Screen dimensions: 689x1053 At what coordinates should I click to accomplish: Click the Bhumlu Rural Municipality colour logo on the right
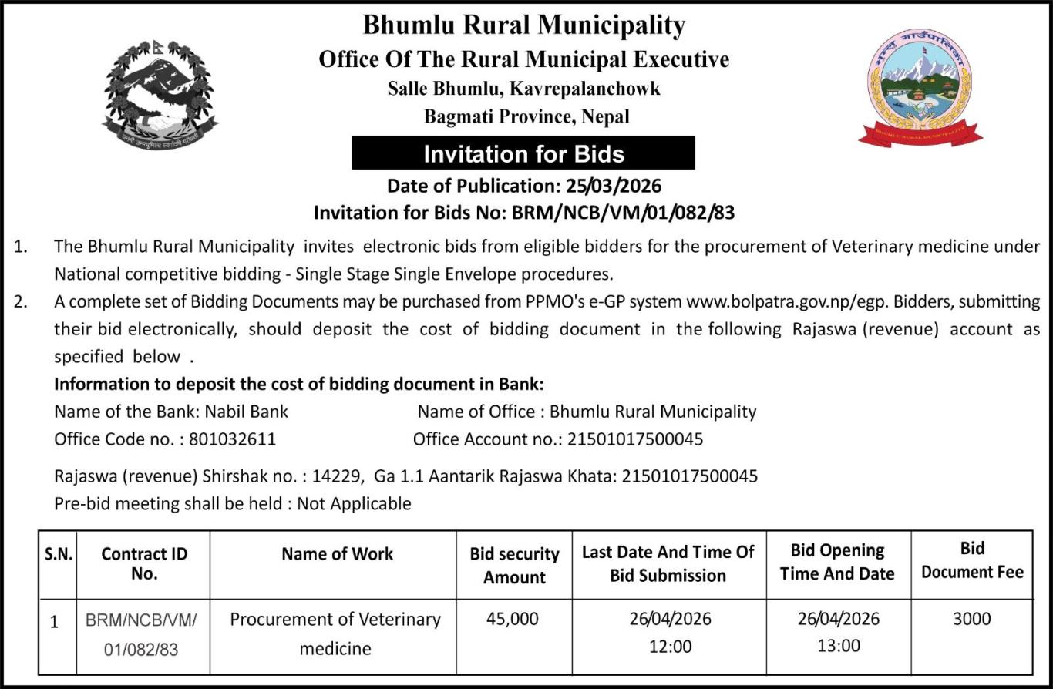click(x=920, y=88)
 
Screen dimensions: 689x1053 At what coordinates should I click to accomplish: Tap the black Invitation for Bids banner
click(x=523, y=153)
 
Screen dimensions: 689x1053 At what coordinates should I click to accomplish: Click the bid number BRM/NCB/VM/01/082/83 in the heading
click(x=623, y=212)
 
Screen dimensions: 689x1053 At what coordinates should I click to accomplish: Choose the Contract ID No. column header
click(x=144, y=563)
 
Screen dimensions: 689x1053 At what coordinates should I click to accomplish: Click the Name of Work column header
click(x=337, y=554)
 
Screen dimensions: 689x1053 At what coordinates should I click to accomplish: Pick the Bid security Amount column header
click(x=514, y=566)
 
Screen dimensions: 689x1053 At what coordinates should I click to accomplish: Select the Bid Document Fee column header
click(x=972, y=560)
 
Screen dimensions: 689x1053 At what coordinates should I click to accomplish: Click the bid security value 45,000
click(x=513, y=619)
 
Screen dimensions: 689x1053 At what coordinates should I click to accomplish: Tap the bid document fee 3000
click(x=972, y=619)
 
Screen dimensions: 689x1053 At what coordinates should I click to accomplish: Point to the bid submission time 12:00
click(x=669, y=647)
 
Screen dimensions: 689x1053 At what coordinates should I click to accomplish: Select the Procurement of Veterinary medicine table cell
click(x=335, y=634)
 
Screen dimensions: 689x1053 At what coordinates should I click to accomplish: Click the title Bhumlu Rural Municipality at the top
click(x=523, y=25)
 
